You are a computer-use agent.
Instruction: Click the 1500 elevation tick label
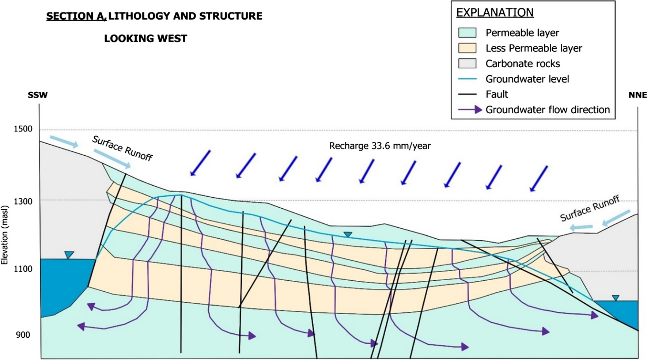coord(23,129)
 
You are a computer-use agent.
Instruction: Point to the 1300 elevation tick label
coord(23,201)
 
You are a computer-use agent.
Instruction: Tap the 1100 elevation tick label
coord(23,269)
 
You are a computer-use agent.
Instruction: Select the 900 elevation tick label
coord(23,335)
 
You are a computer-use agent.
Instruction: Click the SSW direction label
coord(38,95)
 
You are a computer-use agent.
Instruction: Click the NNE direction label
coord(637,95)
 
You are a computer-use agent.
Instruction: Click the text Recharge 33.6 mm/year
coord(380,146)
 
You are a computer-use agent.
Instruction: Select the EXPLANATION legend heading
coord(495,12)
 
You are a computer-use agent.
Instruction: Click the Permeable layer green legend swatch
coord(467,33)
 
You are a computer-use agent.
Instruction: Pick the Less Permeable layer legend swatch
coord(467,48)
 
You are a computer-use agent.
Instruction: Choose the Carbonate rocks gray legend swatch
coord(467,63)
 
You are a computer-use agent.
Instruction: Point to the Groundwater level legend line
coord(467,79)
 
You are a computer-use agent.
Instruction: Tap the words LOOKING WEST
coord(145,39)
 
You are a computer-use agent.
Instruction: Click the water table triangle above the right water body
coord(616,298)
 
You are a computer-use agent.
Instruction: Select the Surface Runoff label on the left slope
coord(122,148)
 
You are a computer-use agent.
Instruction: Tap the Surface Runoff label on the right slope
coord(589,208)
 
